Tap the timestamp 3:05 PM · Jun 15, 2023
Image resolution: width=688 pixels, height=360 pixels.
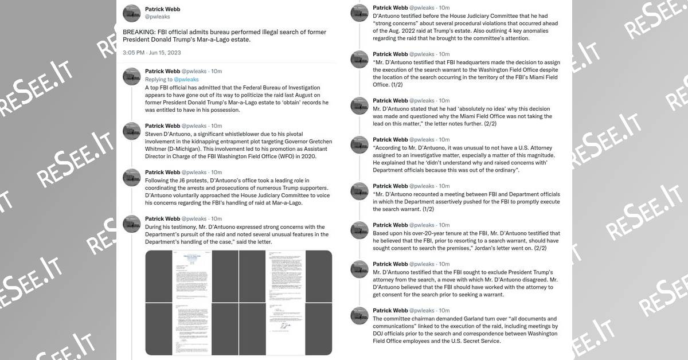(x=151, y=53)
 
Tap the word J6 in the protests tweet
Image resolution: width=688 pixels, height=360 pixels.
(x=183, y=181)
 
